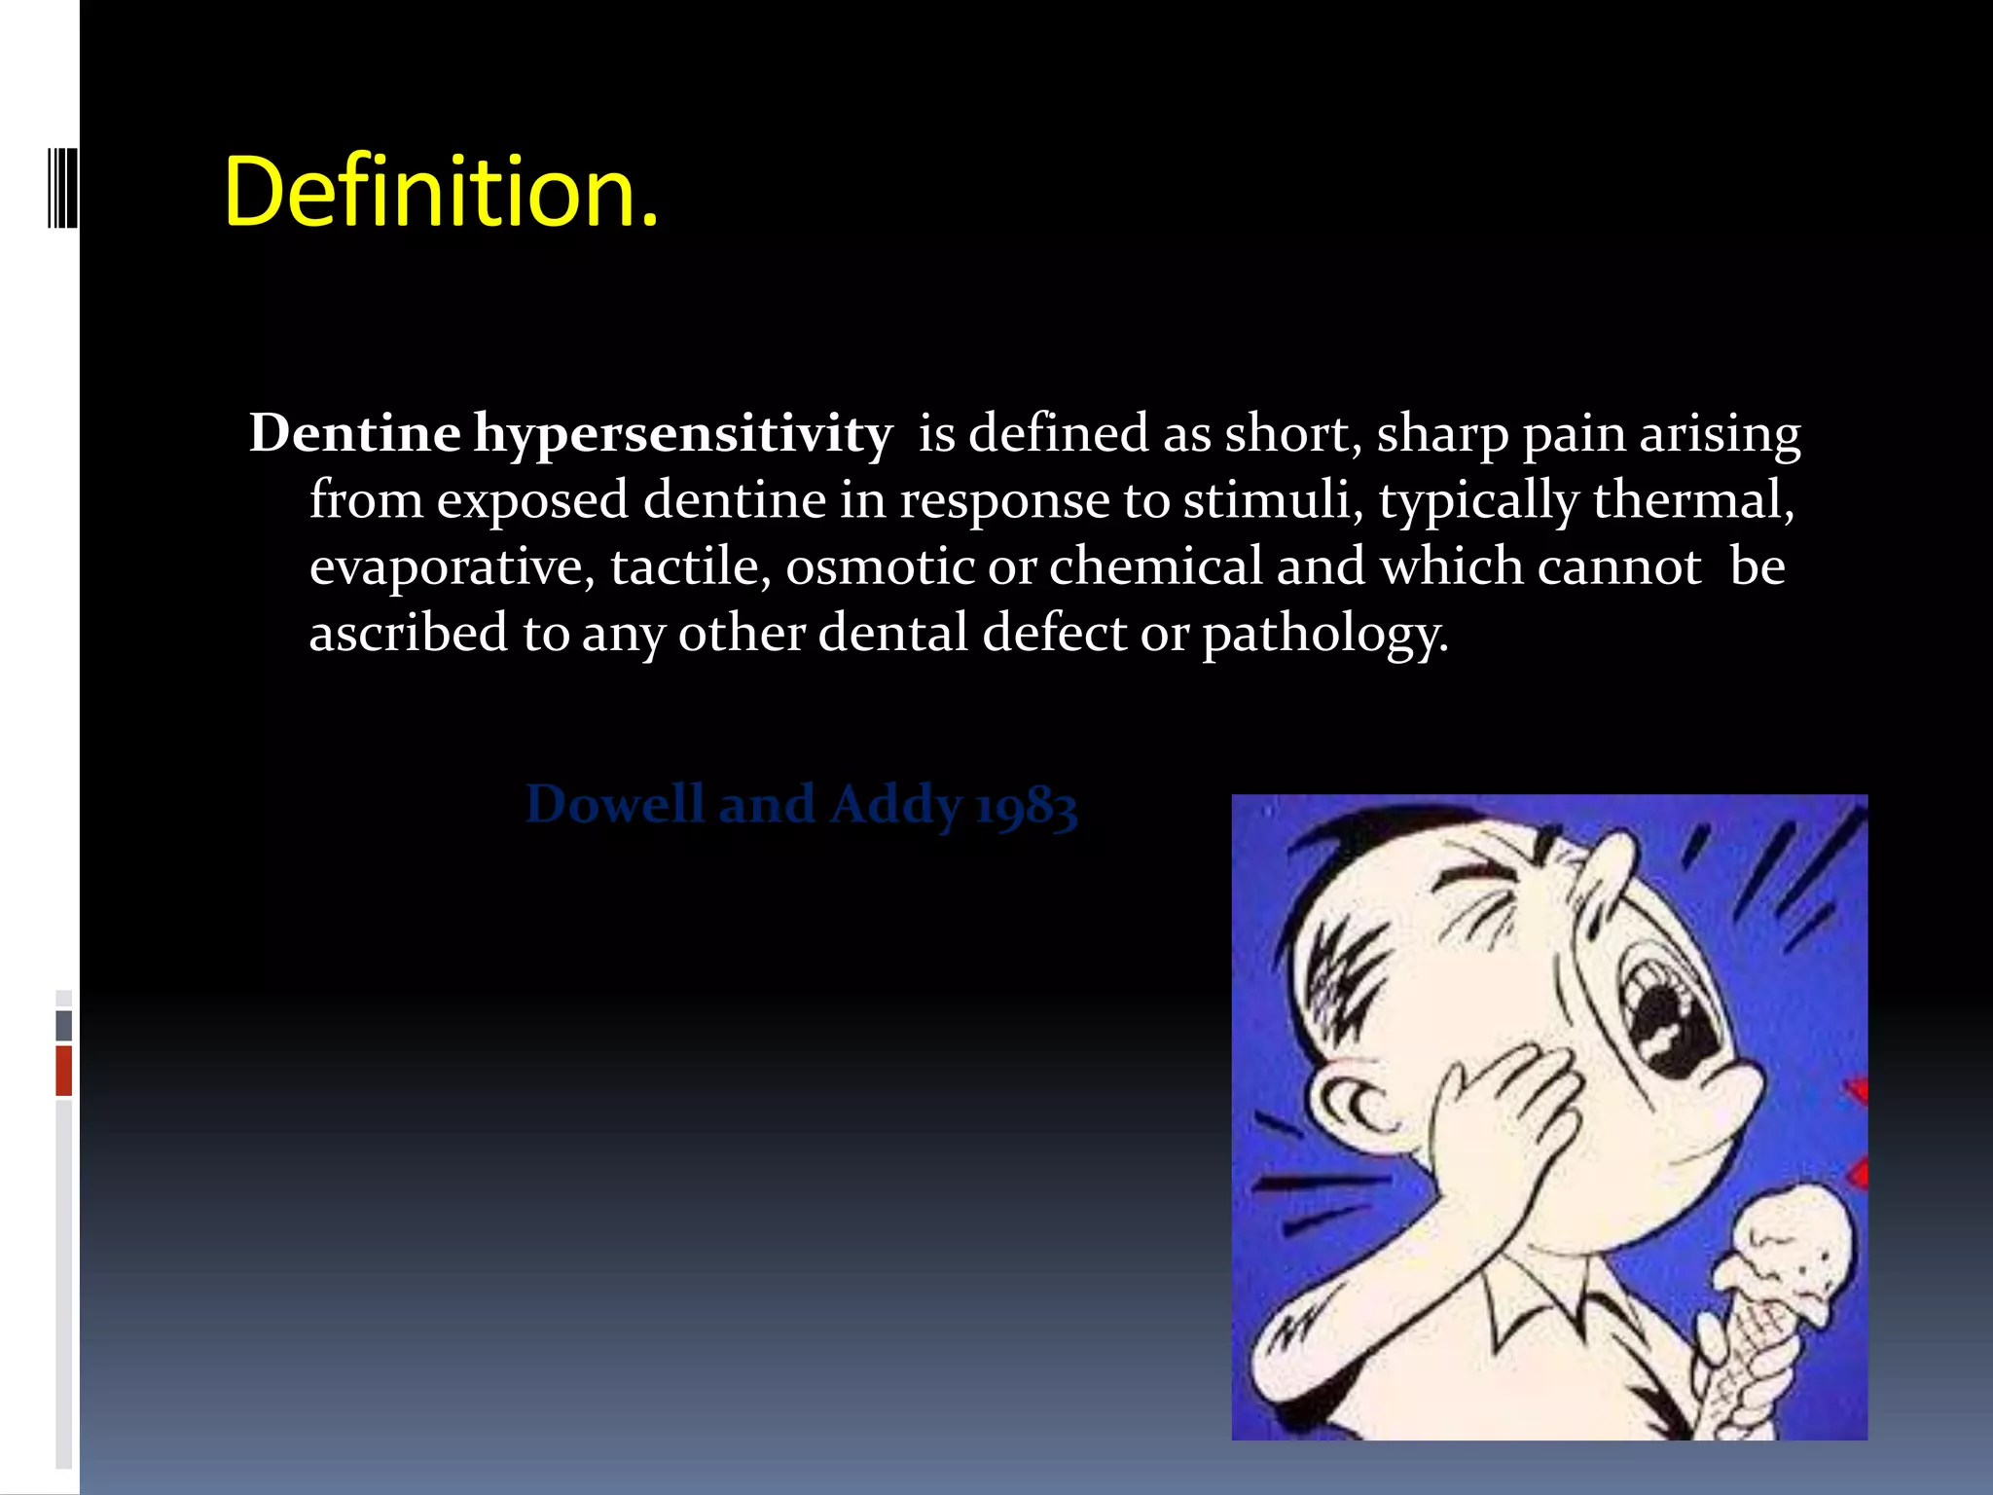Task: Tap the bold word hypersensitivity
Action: tap(683, 434)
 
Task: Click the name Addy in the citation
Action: tap(895, 806)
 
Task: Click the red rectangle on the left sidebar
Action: tap(63, 1070)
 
